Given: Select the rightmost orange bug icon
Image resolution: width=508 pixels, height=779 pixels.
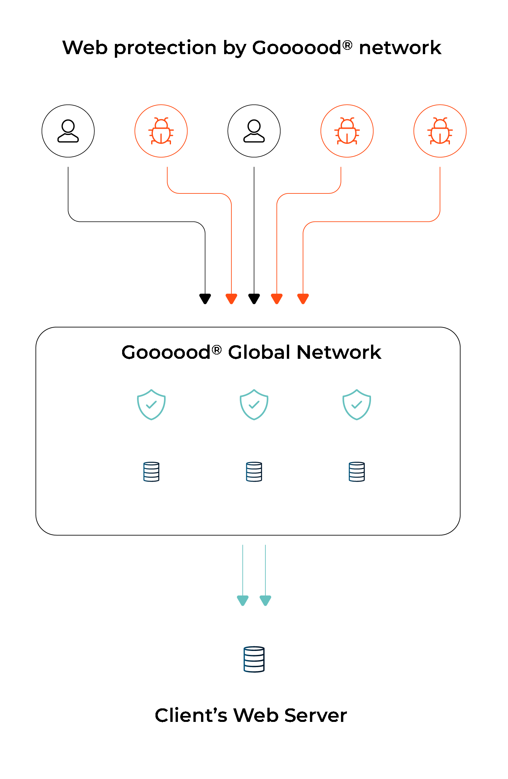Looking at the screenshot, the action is [440, 131].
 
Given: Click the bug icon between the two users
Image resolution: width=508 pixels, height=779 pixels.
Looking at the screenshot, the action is [161, 131].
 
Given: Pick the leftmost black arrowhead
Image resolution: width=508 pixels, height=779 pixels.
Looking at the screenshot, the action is [205, 299].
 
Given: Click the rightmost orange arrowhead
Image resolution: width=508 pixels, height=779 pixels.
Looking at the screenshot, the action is [303, 299].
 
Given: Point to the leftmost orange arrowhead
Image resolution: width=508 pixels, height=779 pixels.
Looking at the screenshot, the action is [231, 299].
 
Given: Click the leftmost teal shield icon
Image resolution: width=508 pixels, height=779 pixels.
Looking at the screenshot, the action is [151, 404].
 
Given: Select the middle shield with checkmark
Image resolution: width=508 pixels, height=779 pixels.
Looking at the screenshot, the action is [254, 404].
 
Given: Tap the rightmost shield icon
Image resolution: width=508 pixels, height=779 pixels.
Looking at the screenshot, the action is [356, 404].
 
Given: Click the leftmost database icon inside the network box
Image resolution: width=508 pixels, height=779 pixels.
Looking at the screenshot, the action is [151, 472].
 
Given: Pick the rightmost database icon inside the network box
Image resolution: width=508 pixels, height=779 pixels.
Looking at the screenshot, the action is [356, 472].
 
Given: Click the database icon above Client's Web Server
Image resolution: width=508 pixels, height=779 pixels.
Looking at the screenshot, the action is [254, 659].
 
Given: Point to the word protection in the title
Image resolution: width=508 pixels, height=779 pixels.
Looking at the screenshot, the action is [165, 48].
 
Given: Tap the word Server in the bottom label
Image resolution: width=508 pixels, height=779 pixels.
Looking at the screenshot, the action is [316, 716].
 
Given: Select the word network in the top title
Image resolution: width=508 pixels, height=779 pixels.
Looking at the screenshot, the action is [400, 48].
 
